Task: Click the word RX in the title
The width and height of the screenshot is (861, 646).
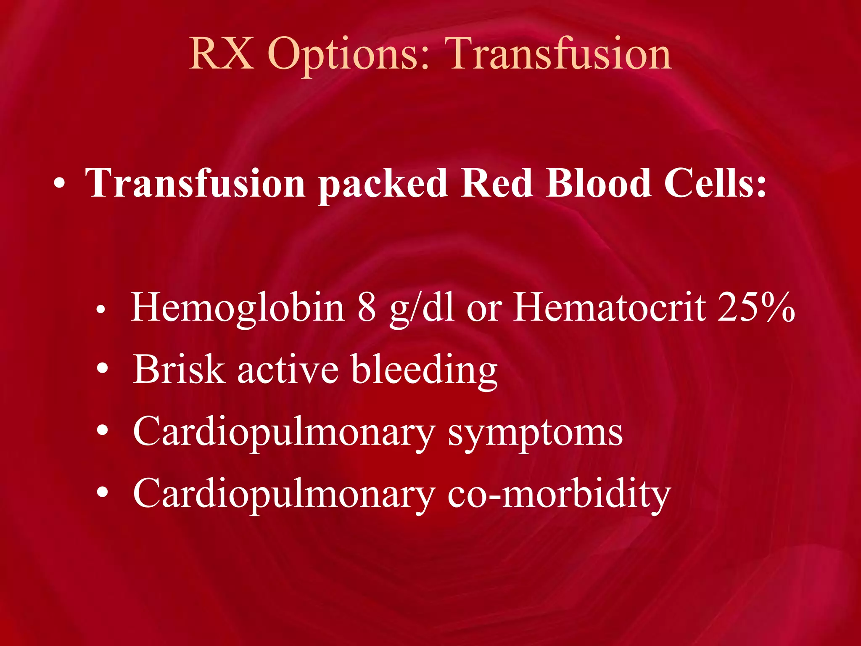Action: pos(222,54)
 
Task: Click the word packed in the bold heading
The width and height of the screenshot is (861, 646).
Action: pos(383,184)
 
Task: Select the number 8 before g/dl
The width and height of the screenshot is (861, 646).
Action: pos(367,307)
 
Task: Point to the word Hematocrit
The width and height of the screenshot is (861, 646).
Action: pos(610,307)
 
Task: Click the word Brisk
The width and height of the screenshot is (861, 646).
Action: pos(179,369)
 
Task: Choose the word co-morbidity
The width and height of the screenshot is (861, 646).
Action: pos(559,494)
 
